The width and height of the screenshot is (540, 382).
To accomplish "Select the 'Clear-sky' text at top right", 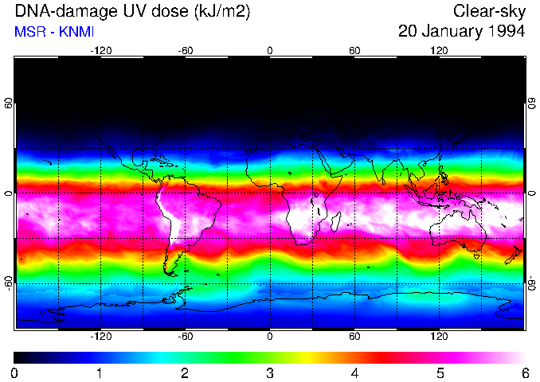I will point(488,11).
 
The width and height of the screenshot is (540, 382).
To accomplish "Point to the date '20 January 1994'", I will point(461,32).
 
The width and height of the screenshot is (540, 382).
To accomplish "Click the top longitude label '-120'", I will point(100,51).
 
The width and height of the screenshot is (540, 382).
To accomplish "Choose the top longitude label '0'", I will point(270,51).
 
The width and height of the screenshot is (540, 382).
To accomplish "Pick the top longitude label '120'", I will point(439,51).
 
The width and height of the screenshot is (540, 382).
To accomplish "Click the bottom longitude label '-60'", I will point(185,337).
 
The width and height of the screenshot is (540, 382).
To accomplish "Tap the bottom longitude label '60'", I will point(354,337).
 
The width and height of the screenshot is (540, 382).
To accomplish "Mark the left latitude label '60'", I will point(9,103).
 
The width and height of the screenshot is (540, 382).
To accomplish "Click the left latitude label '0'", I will point(9,193).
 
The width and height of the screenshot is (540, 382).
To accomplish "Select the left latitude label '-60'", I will point(9,283).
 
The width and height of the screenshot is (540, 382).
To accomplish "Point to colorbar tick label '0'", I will point(15,372).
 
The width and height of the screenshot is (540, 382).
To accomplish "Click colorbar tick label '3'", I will point(270,372).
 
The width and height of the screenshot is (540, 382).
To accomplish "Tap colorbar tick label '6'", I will point(524,372).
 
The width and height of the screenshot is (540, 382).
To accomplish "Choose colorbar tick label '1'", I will point(100,372).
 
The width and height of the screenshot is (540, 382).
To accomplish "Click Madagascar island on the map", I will point(336,222).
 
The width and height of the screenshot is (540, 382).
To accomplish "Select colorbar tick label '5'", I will point(440,372).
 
